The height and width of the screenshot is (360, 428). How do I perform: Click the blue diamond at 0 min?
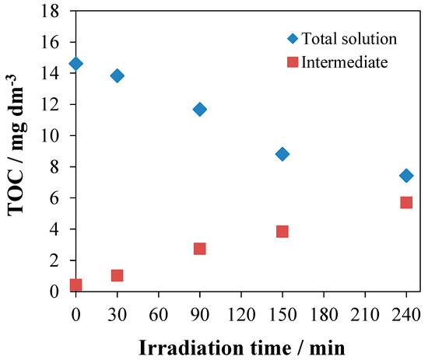click(75, 64)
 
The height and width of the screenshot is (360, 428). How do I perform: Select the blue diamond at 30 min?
click(117, 75)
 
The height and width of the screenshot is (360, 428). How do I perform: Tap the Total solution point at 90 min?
click(199, 109)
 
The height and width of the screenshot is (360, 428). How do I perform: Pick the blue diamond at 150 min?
click(282, 154)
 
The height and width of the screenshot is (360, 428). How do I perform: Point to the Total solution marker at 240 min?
click(405, 176)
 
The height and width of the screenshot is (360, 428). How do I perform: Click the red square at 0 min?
click(75, 285)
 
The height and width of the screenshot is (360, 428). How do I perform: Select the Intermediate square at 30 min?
click(117, 275)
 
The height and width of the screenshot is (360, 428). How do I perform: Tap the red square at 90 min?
click(199, 249)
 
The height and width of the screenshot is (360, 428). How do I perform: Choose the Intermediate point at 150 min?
click(282, 232)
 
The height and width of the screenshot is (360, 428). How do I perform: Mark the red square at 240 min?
click(405, 202)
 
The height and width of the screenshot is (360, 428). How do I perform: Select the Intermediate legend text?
click(343, 62)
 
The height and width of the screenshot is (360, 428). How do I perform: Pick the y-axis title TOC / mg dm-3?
click(17, 151)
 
